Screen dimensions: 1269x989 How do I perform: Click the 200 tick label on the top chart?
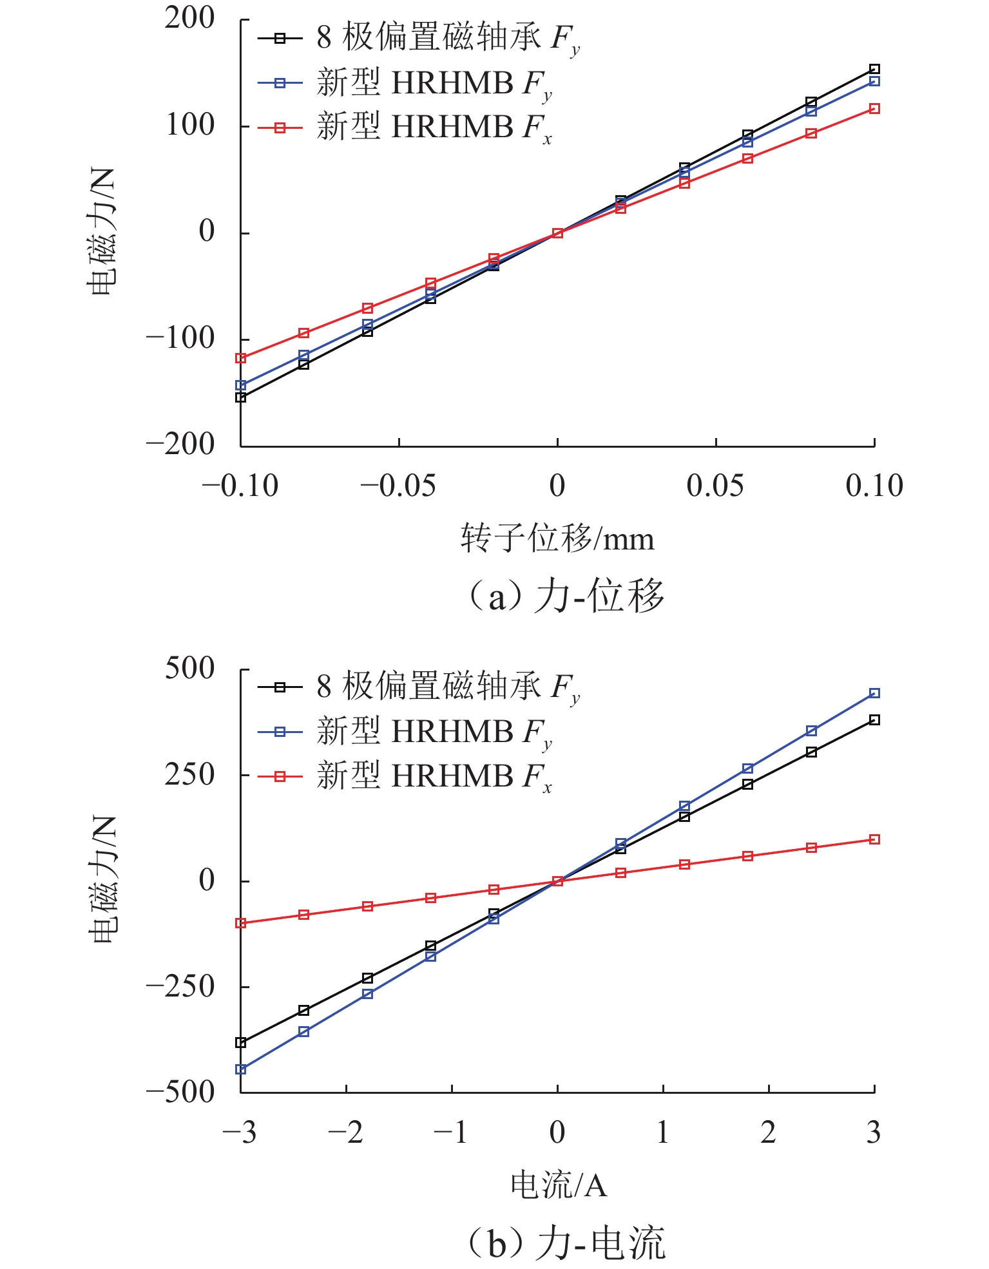[x=189, y=19]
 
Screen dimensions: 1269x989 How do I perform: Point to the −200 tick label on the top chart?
[x=180, y=444]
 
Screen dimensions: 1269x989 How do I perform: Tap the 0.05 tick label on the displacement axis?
[x=715, y=486]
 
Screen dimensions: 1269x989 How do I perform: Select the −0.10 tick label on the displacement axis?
[x=240, y=486]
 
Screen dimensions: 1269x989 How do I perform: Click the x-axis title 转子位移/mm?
[x=557, y=539]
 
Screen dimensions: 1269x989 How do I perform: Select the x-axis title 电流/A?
[x=559, y=1185]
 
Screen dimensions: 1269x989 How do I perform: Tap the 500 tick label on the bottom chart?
[x=189, y=669]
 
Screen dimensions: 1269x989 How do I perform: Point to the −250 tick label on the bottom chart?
[x=180, y=986]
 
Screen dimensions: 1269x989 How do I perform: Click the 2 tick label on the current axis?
[x=768, y=1132]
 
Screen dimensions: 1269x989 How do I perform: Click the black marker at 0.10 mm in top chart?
[x=874, y=70]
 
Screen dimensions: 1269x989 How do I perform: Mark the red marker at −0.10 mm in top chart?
[x=241, y=358]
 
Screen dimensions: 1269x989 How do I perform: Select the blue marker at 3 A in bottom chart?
[x=874, y=693]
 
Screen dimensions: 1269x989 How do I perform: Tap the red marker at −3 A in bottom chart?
[x=241, y=923]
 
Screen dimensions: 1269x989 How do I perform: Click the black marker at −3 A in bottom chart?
[x=241, y=1042]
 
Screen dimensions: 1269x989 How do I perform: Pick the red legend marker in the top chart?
[x=280, y=128]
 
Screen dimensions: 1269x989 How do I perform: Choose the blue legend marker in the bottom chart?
[x=280, y=732]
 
